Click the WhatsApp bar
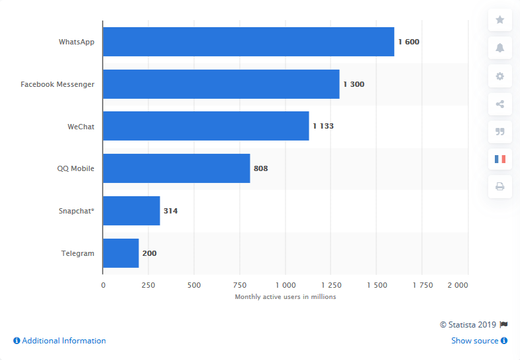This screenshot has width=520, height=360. click(x=248, y=42)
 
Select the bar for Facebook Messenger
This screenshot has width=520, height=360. click(x=221, y=84)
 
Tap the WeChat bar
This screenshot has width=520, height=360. click(x=205, y=126)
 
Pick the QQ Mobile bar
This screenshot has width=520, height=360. click(x=176, y=168)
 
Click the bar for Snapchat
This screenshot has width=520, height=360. click(x=131, y=211)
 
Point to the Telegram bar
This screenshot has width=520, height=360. click(x=121, y=253)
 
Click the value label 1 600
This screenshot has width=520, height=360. click(x=409, y=42)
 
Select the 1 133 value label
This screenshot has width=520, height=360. click(x=323, y=126)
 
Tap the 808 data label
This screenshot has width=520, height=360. click(x=260, y=168)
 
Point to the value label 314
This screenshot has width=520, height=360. click(x=170, y=211)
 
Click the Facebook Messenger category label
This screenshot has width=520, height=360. click(x=58, y=84)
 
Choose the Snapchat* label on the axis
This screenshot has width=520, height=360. click(x=76, y=211)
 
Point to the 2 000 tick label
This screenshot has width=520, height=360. click(x=458, y=285)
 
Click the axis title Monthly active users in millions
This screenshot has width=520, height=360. click(x=286, y=297)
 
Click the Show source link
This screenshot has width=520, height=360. click(x=475, y=341)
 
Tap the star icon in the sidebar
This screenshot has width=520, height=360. click(x=499, y=20)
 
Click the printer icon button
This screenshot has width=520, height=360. click(x=499, y=187)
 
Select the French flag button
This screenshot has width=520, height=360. click(x=499, y=159)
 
